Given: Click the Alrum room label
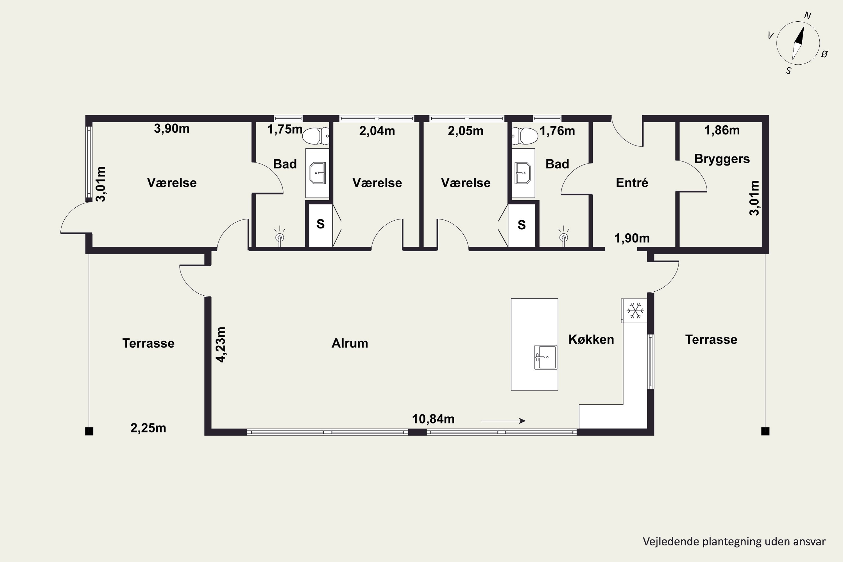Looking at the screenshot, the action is pyautogui.click(x=350, y=343).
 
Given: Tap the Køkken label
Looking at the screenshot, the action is pyautogui.click(x=591, y=339).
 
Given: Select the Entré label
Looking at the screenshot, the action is pyautogui.click(x=632, y=183).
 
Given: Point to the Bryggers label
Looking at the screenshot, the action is pyautogui.click(x=722, y=159).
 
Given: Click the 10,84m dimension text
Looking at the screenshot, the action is pyautogui.click(x=433, y=419).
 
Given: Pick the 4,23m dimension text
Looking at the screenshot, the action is pyautogui.click(x=221, y=345).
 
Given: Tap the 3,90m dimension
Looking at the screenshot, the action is pyautogui.click(x=172, y=128).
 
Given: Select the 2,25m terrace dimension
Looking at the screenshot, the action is pyautogui.click(x=148, y=428).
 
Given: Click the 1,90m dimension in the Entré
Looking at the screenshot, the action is pyautogui.click(x=632, y=238).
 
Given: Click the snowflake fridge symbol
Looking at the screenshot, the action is pyautogui.click(x=635, y=311).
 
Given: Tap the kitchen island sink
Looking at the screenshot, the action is pyautogui.click(x=545, y=357).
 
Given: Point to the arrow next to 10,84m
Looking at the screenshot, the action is pyautogui.click(x=503, y=421).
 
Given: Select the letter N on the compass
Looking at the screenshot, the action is pyautogui.click(x=808, y=15).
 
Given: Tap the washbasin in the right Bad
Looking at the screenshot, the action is pyautogui.click(x=523, y=173).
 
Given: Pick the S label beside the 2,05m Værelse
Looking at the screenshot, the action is pyautogui.click(x=522, y=225).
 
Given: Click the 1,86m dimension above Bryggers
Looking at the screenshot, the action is pyautogui.click(x=722, y=130).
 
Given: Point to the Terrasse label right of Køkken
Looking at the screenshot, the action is pyautogui.click(x=711, y=339).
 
